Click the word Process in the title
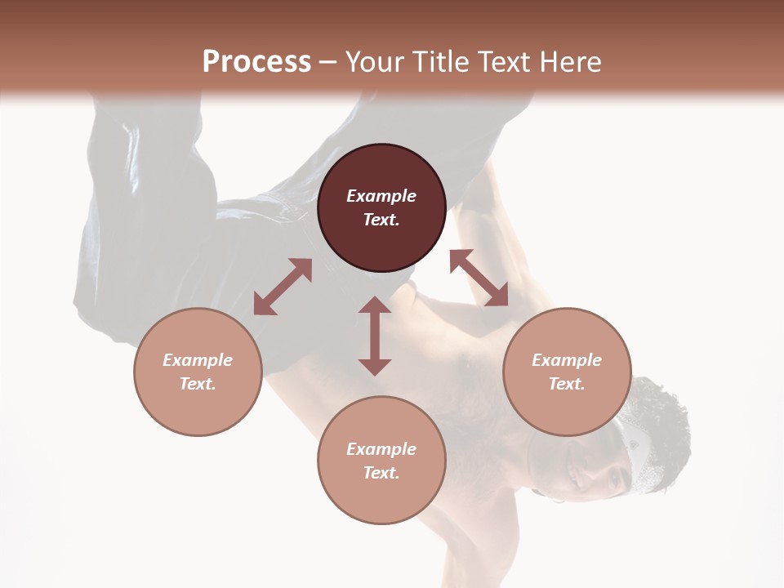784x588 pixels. coord(256,62)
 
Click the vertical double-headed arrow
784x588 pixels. coord(375,336)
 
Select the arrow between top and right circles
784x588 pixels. coord(479,278)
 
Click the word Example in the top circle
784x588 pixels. coord(381,196)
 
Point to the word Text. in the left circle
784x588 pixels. coord(198,384)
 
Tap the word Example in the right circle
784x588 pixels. coord(567,360)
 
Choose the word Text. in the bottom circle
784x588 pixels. coord(381,473)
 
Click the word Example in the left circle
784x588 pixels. coord(198,360)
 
